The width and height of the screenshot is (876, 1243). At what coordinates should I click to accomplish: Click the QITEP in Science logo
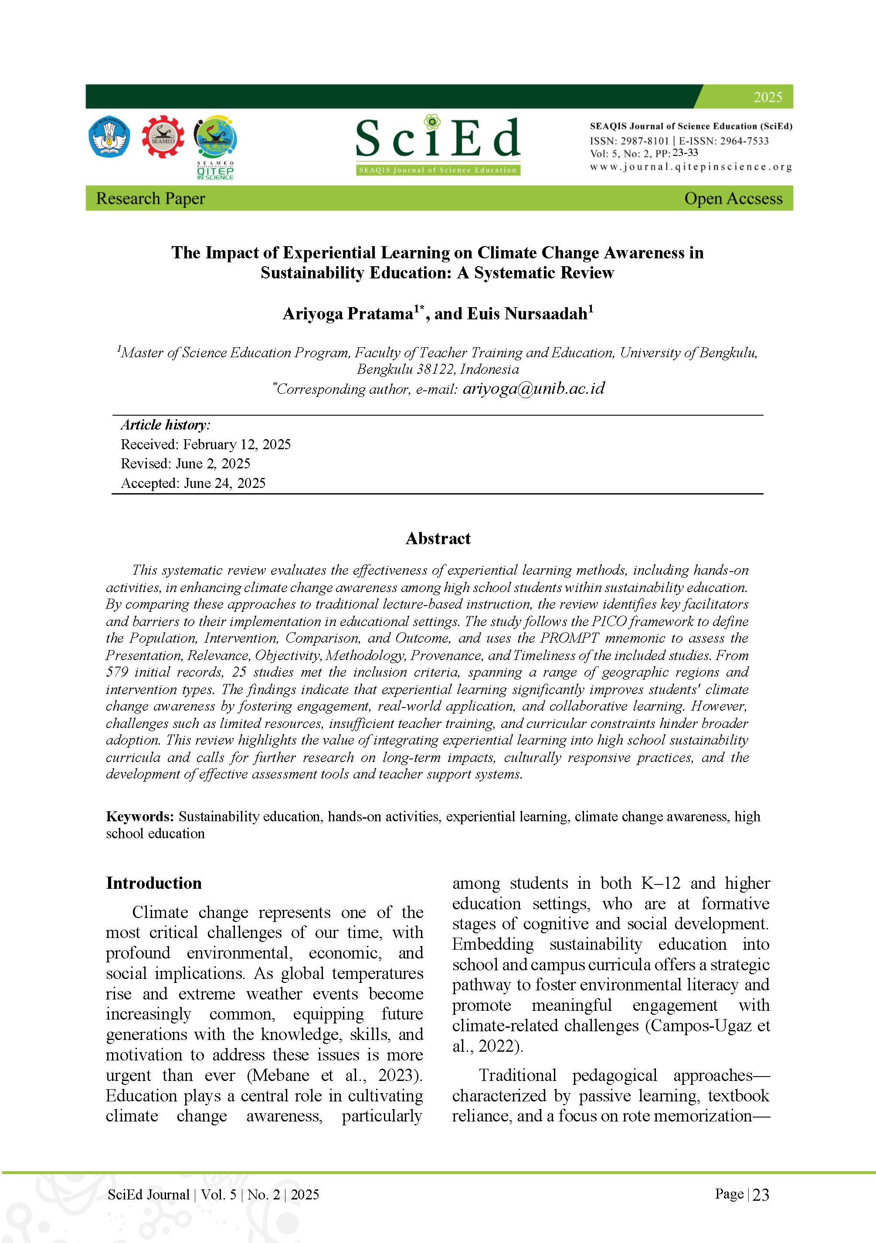point(215,146)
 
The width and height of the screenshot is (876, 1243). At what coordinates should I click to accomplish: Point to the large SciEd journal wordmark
point(438,139)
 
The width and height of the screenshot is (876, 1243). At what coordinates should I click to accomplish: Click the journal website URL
point(691,167)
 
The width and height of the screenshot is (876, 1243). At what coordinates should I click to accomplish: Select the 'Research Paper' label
point(150,198)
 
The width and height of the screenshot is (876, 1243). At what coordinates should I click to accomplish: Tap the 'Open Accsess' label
point(733,198)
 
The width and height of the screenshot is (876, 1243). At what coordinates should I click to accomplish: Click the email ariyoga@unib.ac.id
point(533,388)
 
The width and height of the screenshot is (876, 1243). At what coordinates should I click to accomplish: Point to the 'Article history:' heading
point(166,424)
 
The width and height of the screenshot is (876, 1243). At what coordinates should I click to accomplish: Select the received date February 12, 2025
point(237,444)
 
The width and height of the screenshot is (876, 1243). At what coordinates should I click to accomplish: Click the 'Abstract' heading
point(438,538)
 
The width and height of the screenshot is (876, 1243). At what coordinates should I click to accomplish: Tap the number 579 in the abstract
point(117,672)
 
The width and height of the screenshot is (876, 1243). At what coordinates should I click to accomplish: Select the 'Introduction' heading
point(154,883)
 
